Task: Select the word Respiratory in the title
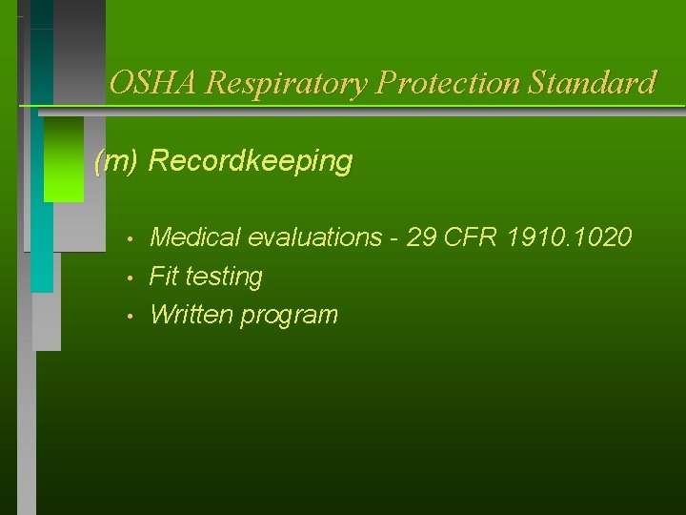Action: click(x=286, y=83)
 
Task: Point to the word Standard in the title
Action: click(x=592, y=83)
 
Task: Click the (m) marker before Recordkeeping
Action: click(x=118, y=161)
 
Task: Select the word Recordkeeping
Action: click(x=251, y=161)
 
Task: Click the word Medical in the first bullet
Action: click(x=194, y=237)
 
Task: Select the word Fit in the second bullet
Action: click(x=164, y=277)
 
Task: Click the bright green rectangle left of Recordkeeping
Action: click(x=64, y=159)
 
